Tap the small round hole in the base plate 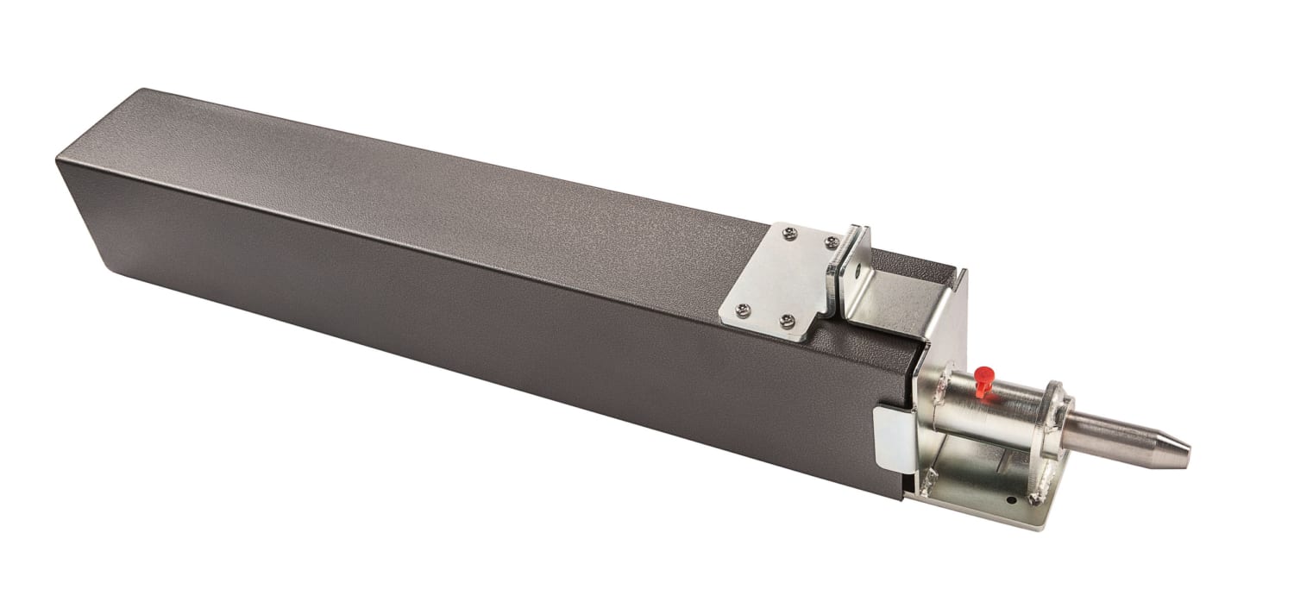pos(1009,500)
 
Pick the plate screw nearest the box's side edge pos(786,321)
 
